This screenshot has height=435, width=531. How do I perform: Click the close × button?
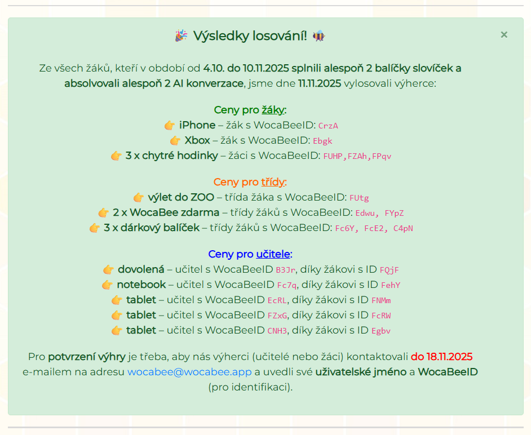click(x=504, y=35)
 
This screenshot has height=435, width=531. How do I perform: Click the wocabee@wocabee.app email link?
click(x=189, y=372)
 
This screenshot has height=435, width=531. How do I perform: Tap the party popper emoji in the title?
click(x=181, y=36)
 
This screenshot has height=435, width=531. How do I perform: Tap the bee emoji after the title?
click(x=319, y=36)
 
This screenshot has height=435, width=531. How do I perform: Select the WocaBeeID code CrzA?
click(x=328, y=126)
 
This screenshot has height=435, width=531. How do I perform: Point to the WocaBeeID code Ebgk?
click(x=323, y=141)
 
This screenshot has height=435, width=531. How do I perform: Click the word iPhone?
click(x=197, y=125)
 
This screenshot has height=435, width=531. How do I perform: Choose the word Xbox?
click(x=197, y=140)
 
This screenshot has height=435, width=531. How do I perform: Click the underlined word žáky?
click(x=273, y=110)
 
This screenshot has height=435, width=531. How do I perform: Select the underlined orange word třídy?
click(x=273, y=182)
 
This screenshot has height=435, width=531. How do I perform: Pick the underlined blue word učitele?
click(x=273, y=254)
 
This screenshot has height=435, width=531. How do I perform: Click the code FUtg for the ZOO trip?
click(x=359, y=198)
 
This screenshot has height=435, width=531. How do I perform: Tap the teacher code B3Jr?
click(x=286, y=270)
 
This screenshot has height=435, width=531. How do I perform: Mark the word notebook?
click(x=141, y=285)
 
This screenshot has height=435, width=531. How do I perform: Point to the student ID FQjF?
click(x=390, y=270)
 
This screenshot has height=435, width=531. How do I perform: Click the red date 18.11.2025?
click(x=441, y=357)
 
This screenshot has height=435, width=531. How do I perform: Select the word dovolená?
click(x=141, y=269)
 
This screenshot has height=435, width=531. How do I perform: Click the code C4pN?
click(x=403, y=228)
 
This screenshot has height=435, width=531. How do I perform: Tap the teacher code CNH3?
click(x=277, y=331)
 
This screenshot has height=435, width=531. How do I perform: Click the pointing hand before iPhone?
click(x=170, y=125)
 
